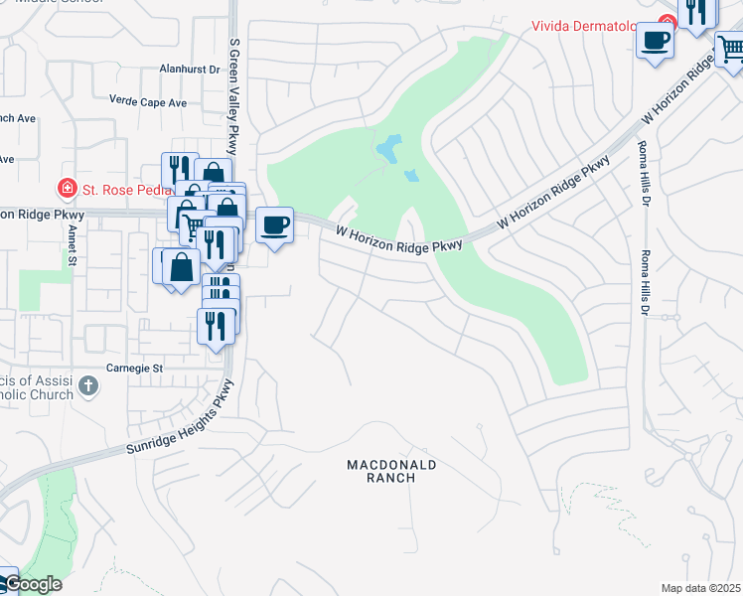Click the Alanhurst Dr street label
click(188, 70)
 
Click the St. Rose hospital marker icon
click(67, 187)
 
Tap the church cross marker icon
click(88, 385)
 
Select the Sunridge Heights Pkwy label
click(180, 419)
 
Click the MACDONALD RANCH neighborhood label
click(391, 471)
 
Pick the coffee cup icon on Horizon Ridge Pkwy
click(273, 224)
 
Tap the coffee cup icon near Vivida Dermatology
click(655, 41)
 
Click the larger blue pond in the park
click(388, 149)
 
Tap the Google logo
click(32, 584)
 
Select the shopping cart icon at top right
click(731, 47)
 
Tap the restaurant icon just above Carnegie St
click(216, 325)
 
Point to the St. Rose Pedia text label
click(116, 188)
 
